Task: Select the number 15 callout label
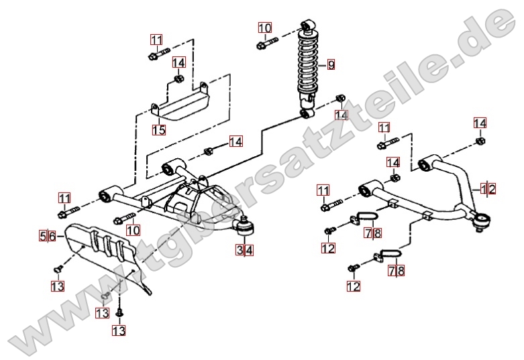[x=158, y=130]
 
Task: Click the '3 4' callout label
[x=244, y=251]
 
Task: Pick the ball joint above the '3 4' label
[x=245, y=229]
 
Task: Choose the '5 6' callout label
[x=48, y=236]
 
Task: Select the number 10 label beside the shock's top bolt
[x=265, y=28]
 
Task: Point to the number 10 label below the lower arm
[x=133, y=230]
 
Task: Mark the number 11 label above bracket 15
[x=156, y=40]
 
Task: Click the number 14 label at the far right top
[x=480, y=123]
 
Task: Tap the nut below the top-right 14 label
[x=480, y=141]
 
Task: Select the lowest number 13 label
[x=119, y=330]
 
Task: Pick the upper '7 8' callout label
[x=374, y=233]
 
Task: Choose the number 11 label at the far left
[x=64, y=198]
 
